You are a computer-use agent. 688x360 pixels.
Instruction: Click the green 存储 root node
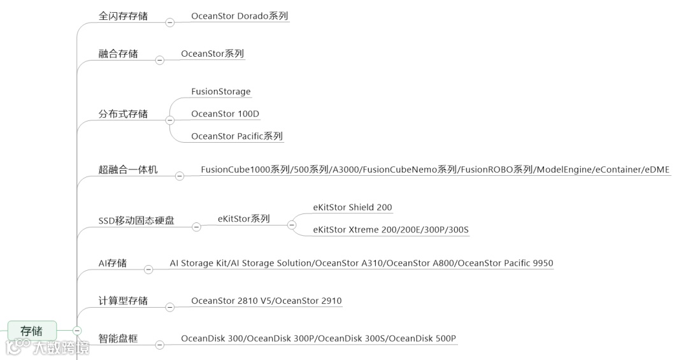coord(31,331)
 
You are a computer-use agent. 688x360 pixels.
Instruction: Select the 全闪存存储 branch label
coord(123,16)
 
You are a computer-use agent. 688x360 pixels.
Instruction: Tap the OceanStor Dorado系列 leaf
coord(240,16)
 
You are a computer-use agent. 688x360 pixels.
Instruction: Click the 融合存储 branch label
coord(118,54)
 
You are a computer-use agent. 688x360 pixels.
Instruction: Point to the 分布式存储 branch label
coord(123,114)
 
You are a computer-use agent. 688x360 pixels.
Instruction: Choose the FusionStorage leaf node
coord(221,92)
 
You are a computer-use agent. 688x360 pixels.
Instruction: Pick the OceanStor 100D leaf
coord(225,114)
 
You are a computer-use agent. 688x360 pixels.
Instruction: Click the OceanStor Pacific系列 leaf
coord(236,136)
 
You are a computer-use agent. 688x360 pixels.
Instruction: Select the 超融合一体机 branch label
coord(128,169)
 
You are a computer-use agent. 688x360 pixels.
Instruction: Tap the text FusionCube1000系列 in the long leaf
coord(245,169)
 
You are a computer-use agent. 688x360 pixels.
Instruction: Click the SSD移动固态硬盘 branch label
coord(136,220)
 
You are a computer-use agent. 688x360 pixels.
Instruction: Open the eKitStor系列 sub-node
coord(243,219)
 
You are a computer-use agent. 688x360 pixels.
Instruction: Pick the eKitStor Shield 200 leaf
coord(352,208)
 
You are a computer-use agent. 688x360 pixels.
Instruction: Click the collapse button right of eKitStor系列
coord(292,224)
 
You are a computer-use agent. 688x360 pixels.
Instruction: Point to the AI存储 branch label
coord(112,263)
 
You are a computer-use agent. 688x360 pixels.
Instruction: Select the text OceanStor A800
coord(420,263)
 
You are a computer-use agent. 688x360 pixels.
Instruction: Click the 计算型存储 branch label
coord(123,301)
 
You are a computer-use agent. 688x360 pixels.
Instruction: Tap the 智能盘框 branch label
coord(118,338)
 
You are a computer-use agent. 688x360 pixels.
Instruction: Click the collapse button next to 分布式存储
coord(169,120)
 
